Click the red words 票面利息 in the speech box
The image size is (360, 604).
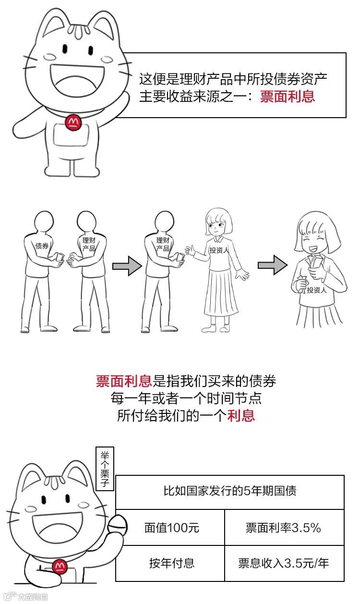pos(288,97)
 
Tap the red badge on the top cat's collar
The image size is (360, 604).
pos(73,123)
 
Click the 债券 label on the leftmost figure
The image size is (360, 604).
pos(42,246)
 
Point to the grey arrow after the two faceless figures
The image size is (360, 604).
pos(127,266)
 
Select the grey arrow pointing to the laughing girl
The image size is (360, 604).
pos(272,266)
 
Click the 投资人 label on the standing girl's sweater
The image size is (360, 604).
pos(219,250)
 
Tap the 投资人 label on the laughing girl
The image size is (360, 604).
pos(317,290)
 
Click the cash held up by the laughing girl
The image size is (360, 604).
pos(314,262)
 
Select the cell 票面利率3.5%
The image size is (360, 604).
pos(284,528)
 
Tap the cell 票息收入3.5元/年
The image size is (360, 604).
pos(284,563)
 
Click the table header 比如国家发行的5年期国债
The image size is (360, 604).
pos(230,491)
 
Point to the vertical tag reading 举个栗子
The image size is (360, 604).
pos(105,469)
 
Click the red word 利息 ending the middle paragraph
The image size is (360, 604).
pos(241,415)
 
